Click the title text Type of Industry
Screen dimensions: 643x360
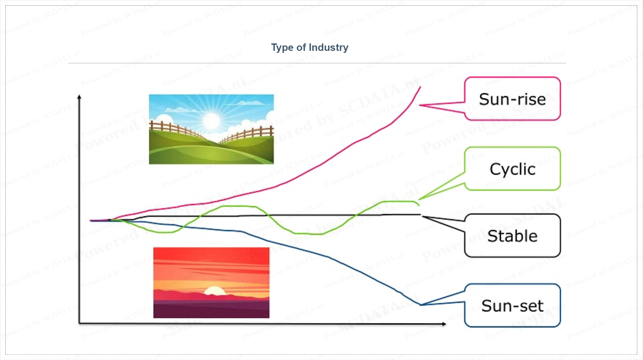coord(310,47)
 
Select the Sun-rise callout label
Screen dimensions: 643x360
coord(512,99)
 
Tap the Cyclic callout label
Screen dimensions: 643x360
coord(512,169)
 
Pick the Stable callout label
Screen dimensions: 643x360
coord(512,236)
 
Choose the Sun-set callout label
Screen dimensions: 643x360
coord(512,306)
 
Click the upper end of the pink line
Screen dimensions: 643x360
coord(421,87)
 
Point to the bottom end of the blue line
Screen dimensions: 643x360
coord(421,305)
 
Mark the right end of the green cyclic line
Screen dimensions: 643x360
coord(419,205)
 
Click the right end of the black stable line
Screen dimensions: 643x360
coord(421,215)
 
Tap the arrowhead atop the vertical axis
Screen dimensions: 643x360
coord(79,97)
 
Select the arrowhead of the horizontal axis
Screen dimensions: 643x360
coord(444,324)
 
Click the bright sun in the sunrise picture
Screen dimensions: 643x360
coord(212,121)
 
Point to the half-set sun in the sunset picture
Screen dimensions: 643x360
coord(215,291)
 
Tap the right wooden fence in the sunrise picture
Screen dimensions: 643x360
coord(247,134)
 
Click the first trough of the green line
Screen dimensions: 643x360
coord(165,232)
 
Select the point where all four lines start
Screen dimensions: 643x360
coord(91,221)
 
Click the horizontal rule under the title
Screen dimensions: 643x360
coord(317,63)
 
